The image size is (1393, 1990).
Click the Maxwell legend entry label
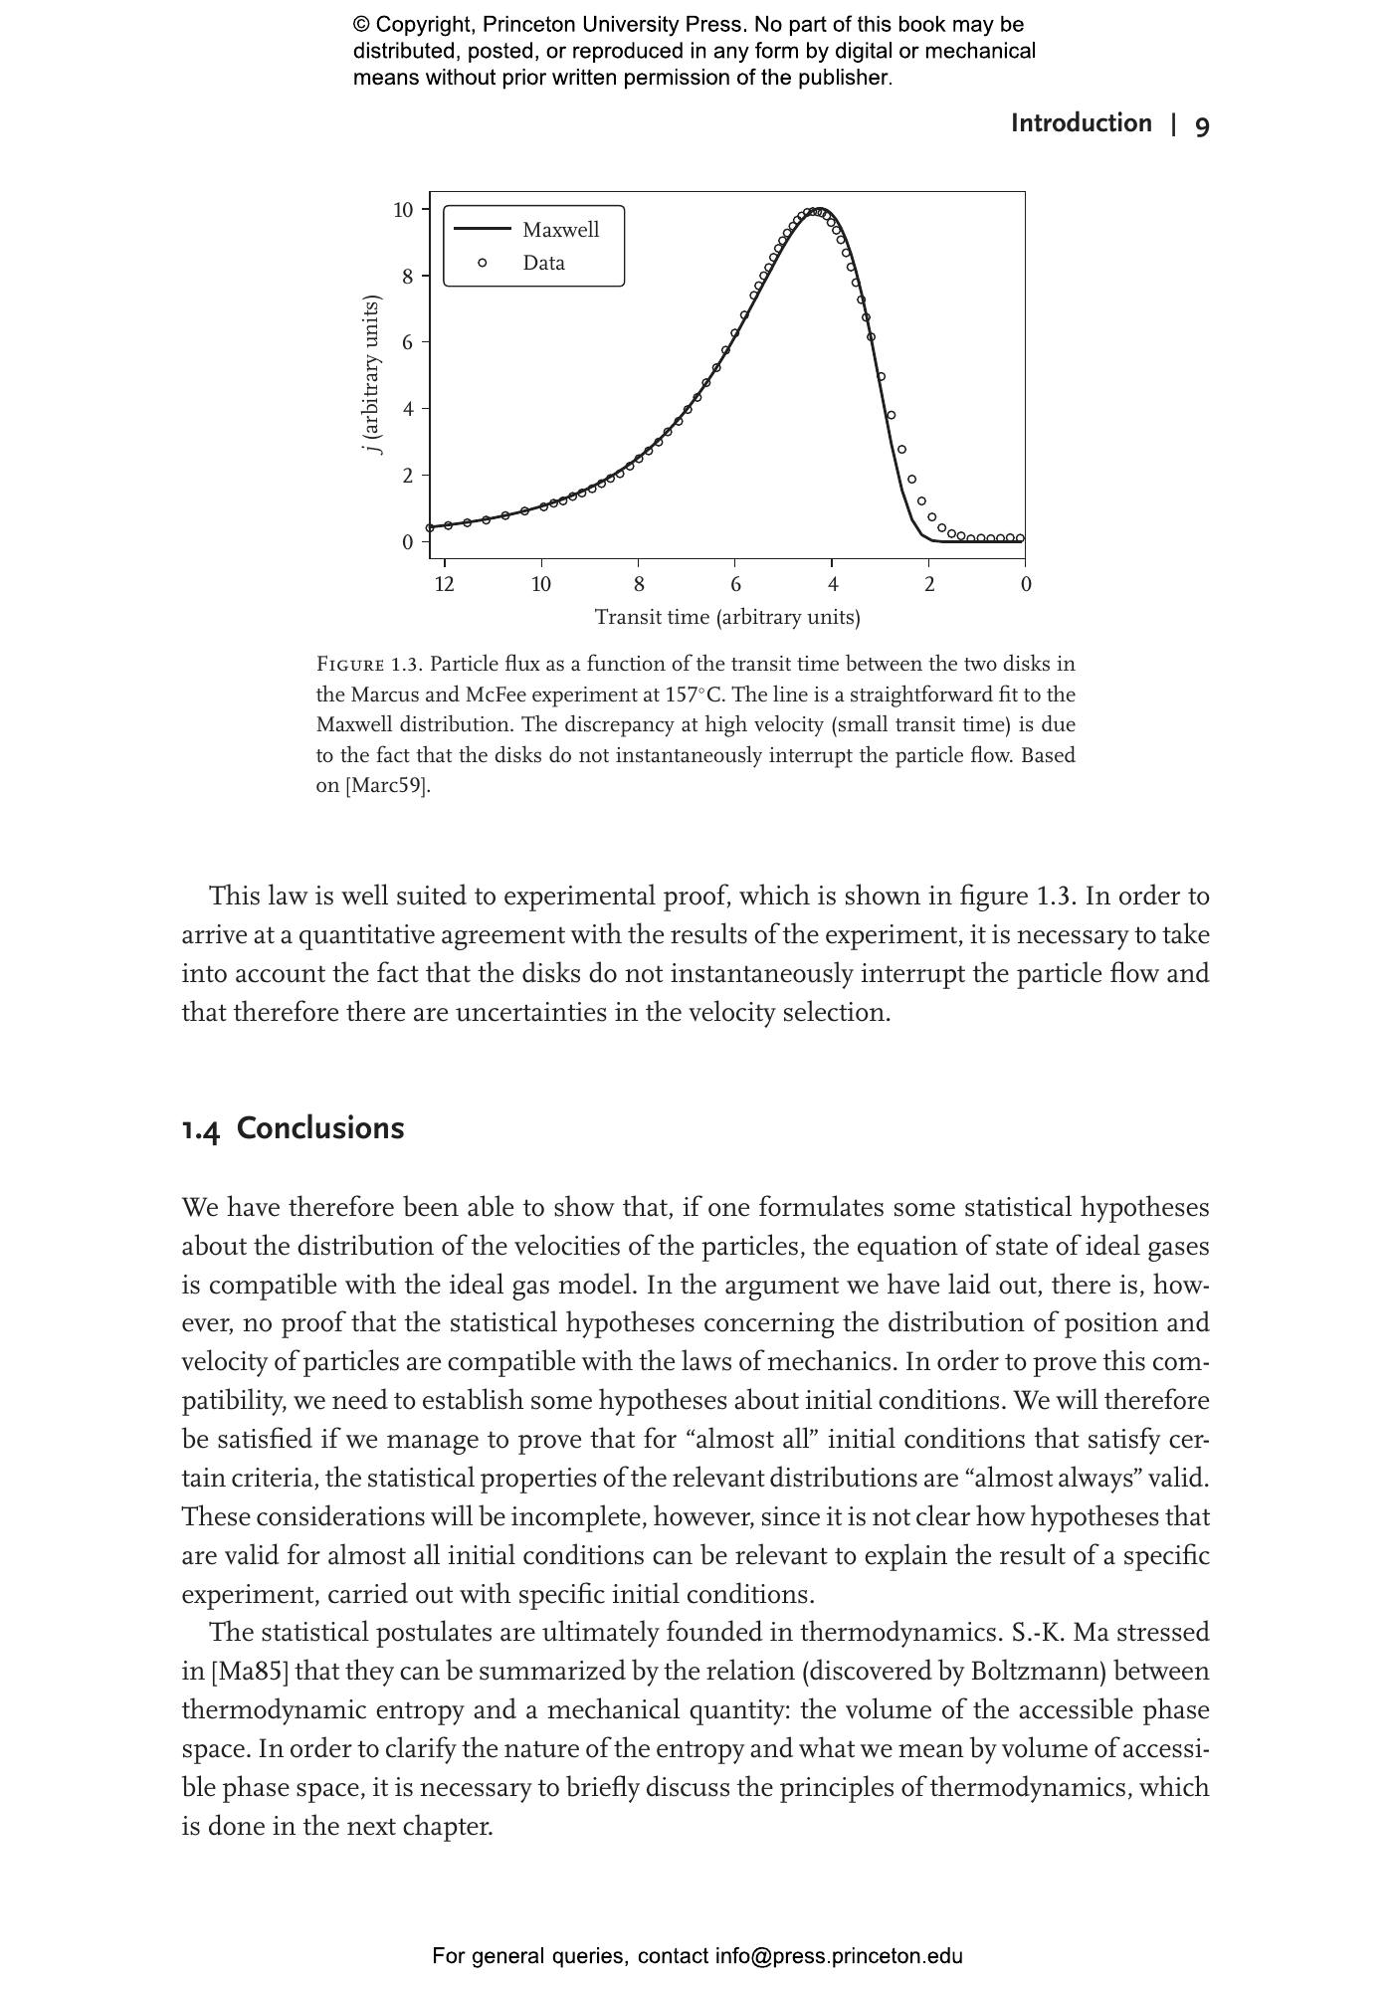click(x=560, y=230)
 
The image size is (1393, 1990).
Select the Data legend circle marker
click(x=483, y=263)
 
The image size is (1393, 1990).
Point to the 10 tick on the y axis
click(x=403, y=210)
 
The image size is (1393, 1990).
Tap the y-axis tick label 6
click(x=407, y=342)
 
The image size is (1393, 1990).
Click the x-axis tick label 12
click(x=444, y=584)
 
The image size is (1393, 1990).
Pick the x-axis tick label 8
click(x=639, y=584)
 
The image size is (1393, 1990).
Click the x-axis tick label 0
click(x=1026, y=584)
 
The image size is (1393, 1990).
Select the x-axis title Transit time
click(x=727, y=617)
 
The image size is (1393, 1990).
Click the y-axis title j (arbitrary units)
click(x=372, y=374)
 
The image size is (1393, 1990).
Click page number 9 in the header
click(x=1202, y=125)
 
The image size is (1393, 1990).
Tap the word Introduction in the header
click(x=1081, y=123)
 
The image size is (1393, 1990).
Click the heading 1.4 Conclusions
click(x=293, y=1128)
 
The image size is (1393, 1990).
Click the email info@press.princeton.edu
click(x=839, y=1956)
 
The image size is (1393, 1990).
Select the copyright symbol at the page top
click(x=361, y=25)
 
